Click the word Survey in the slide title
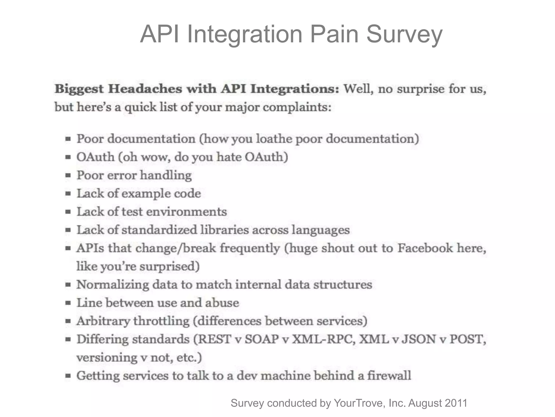coord(404,34)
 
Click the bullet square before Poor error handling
coord(68,175)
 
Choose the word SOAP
coord(262,339)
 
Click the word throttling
coord(161,321)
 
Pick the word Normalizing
coord(112,285)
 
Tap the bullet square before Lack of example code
coord(68,194)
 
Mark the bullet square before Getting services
coord(68,376)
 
